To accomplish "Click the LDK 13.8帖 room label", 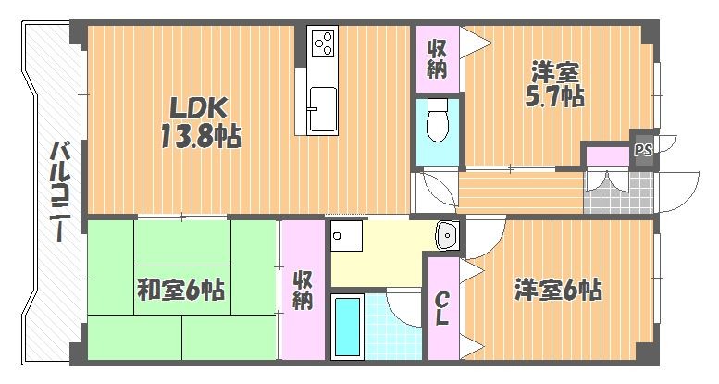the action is (201, 123).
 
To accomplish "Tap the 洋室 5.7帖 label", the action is (555, 85).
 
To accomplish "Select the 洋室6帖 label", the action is (558, 290).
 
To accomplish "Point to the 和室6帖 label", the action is (180, 290).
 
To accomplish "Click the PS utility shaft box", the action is (643, 150).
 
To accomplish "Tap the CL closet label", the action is (441, 309).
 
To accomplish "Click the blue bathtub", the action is (347, 327).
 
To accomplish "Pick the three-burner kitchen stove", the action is (323, 43).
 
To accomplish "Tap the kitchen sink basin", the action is (323, 109).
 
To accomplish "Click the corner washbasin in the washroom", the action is (448, 235).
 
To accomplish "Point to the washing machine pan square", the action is (346, 236).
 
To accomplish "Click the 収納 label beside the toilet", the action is (437, 59).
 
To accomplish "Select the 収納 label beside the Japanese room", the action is (304, 290).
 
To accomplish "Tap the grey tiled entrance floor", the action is (618, 193).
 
